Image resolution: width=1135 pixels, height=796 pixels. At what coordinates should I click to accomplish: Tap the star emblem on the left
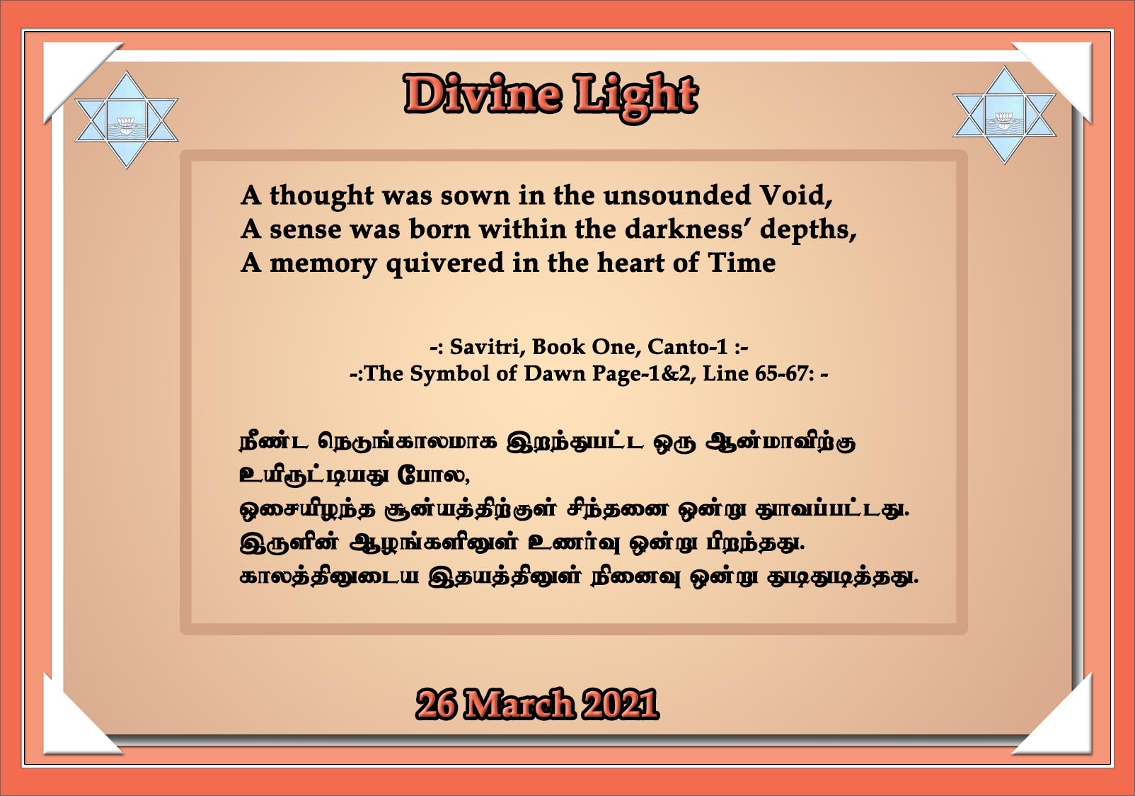click(126, 120)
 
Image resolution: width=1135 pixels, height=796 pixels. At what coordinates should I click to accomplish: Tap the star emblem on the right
click(1004, 115)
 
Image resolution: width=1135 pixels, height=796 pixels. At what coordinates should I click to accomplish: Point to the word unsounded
click(677, 195)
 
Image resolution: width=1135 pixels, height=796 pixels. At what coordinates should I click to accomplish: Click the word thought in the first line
click(321, 196)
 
